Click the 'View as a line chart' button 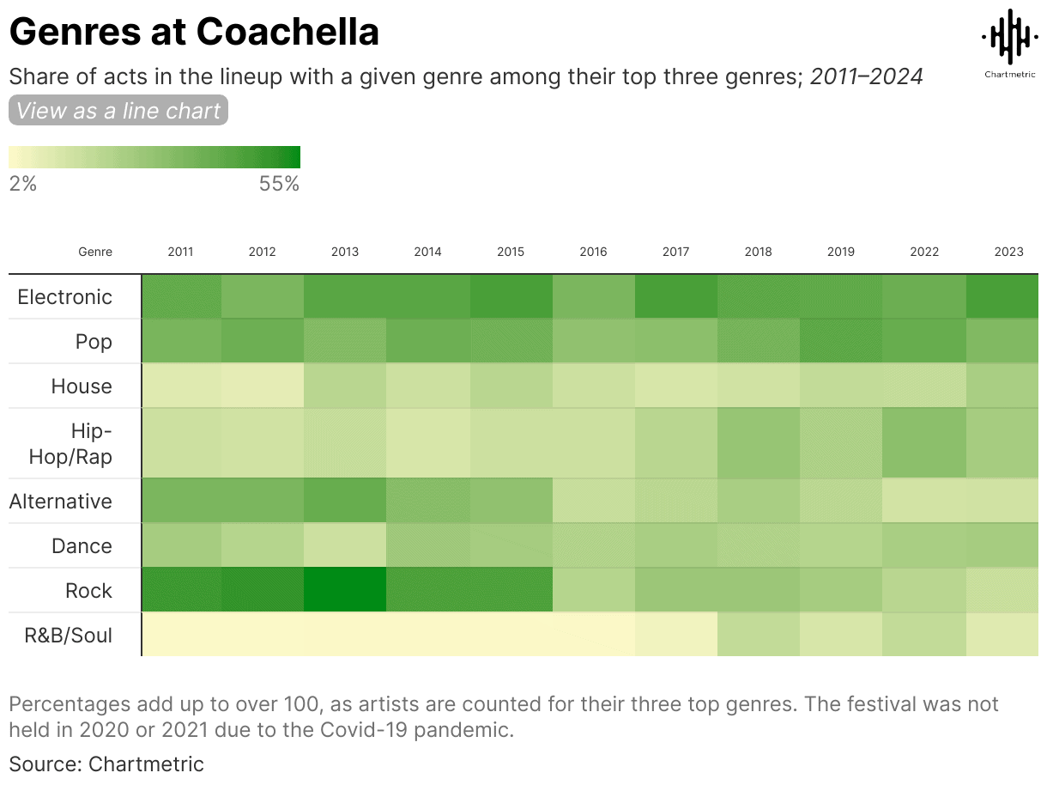point(118,111)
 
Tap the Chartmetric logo point(1008,43)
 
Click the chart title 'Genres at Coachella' point(194,33)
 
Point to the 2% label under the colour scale point(23,184)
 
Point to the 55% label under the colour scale point(279,184)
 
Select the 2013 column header point(345,252)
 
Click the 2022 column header point(925,252)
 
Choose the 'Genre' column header point(95,252)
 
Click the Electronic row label point(65,297)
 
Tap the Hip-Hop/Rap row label point(70,443)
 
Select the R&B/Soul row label point(68,636)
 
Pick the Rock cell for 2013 point(345,591)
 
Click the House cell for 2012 point(263,386)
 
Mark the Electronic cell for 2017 point(676,297)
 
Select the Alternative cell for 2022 point(925,502)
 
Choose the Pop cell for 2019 point(841,342)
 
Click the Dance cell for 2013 point(345,546)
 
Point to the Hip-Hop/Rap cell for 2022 point(925,443)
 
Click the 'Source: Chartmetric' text point(106,764)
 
